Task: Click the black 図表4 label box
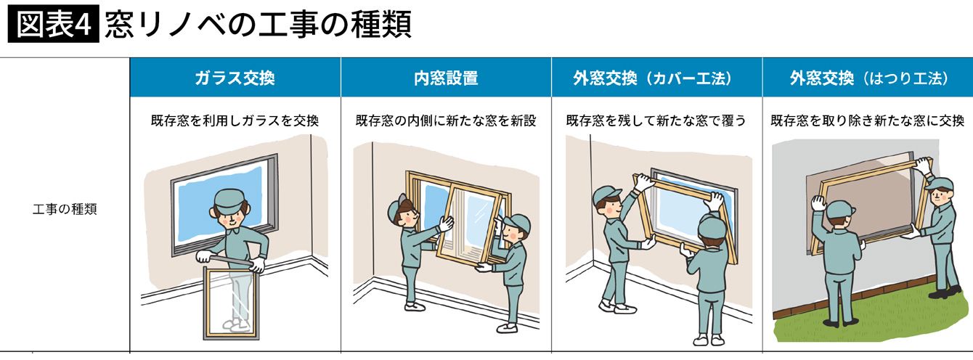[x=54, y=23]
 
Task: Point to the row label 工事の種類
[x=65, y=209]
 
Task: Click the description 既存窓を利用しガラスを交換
[x=235, y=120]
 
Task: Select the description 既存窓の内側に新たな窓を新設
[x=446, y=120]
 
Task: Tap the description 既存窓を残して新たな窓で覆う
[x=656, y=120]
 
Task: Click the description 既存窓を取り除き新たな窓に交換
[x=868, y=120]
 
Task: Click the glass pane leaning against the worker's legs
[x=232, y=303]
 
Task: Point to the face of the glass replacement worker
[x=230, y=218]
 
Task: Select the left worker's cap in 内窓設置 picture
[x=395, y=208]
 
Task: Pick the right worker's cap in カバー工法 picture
[x=712, y=226]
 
